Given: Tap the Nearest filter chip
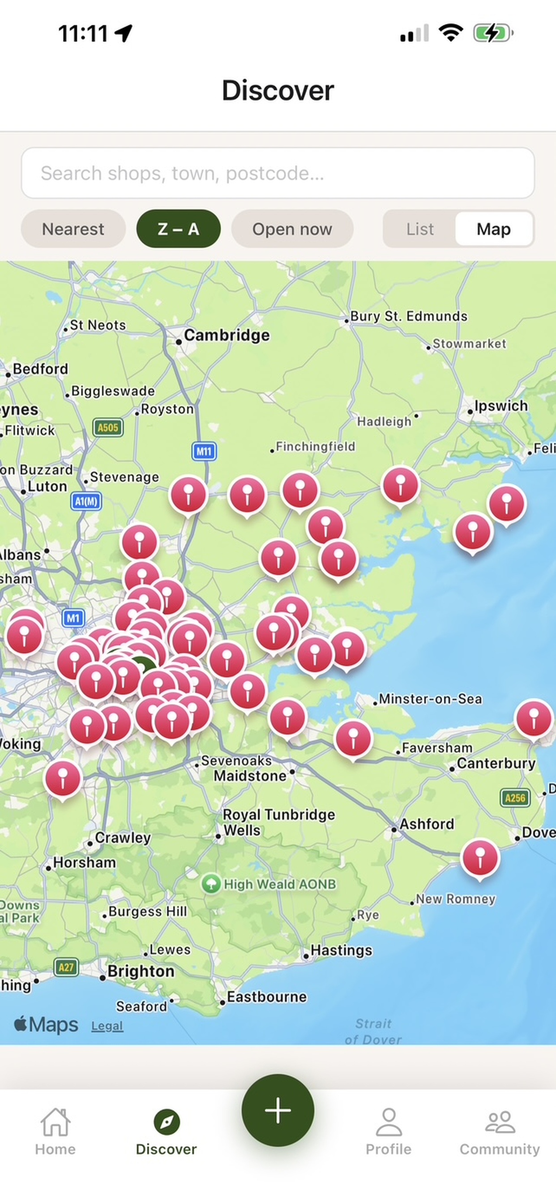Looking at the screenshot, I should point(73,229).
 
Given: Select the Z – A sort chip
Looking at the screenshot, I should point(178,229).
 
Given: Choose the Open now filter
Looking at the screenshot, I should point(292,229).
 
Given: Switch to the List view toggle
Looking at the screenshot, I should point(419,229).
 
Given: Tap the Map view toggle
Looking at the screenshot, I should point(493,229).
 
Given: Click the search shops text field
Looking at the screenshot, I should point(278,173).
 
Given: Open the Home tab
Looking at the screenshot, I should point(55,1131).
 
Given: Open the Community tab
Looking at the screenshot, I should point(500,1131).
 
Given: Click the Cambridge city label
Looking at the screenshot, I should point(227,335).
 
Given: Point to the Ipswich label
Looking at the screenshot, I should point(501,406).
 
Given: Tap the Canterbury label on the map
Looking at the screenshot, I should point(496,763).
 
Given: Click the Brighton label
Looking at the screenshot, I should point(141,971).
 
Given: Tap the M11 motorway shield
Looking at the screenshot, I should point(204,451).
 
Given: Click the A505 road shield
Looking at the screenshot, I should point(108,427).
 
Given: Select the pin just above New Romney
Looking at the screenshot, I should point(480,858).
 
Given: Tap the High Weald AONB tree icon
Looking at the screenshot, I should point(211,884).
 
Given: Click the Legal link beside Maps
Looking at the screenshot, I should point(107,1026).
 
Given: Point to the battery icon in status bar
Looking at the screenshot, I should point(492,33).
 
